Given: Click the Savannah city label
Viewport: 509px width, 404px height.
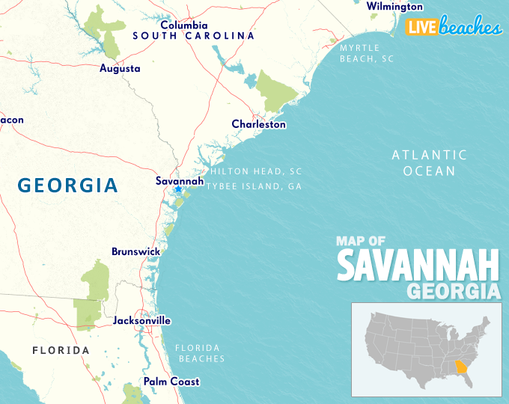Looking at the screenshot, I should (x=179, y=180).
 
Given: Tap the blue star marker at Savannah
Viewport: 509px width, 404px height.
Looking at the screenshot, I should (x=178, y=189).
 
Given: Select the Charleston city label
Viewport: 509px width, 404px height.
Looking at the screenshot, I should (x=258, y=124).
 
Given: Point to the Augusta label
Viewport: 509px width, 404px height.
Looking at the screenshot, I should (x=120, y=68).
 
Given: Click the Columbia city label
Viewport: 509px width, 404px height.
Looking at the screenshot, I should (x=183, y=25).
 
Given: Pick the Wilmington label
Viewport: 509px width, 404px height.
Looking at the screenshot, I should (x=394, y=7).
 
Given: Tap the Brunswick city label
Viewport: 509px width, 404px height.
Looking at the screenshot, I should (x=135, y=251).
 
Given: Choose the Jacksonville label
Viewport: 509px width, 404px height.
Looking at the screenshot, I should (x=141, y=320).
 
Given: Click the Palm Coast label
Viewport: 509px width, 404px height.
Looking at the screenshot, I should (x=171, y=382).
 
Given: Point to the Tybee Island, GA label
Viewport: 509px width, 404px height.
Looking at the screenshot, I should (x=254, y=186).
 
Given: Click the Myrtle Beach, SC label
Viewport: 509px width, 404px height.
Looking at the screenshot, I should (x=366, y=52).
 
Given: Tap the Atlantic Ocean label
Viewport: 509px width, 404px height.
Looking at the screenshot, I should (x=429, y=163).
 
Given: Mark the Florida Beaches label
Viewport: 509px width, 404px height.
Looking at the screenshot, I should (x=199, y=353).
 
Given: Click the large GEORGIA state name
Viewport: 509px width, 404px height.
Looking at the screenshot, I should (x=67, y=185).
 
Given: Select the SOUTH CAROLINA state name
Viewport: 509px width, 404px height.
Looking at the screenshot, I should (x=193, y=35).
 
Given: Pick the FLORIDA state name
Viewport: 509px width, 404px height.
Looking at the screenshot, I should (x=61, y=350).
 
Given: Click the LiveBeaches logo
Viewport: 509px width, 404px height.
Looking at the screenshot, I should (x=454, y=27).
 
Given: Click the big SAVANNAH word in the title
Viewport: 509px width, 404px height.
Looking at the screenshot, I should (x=418, y=266).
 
